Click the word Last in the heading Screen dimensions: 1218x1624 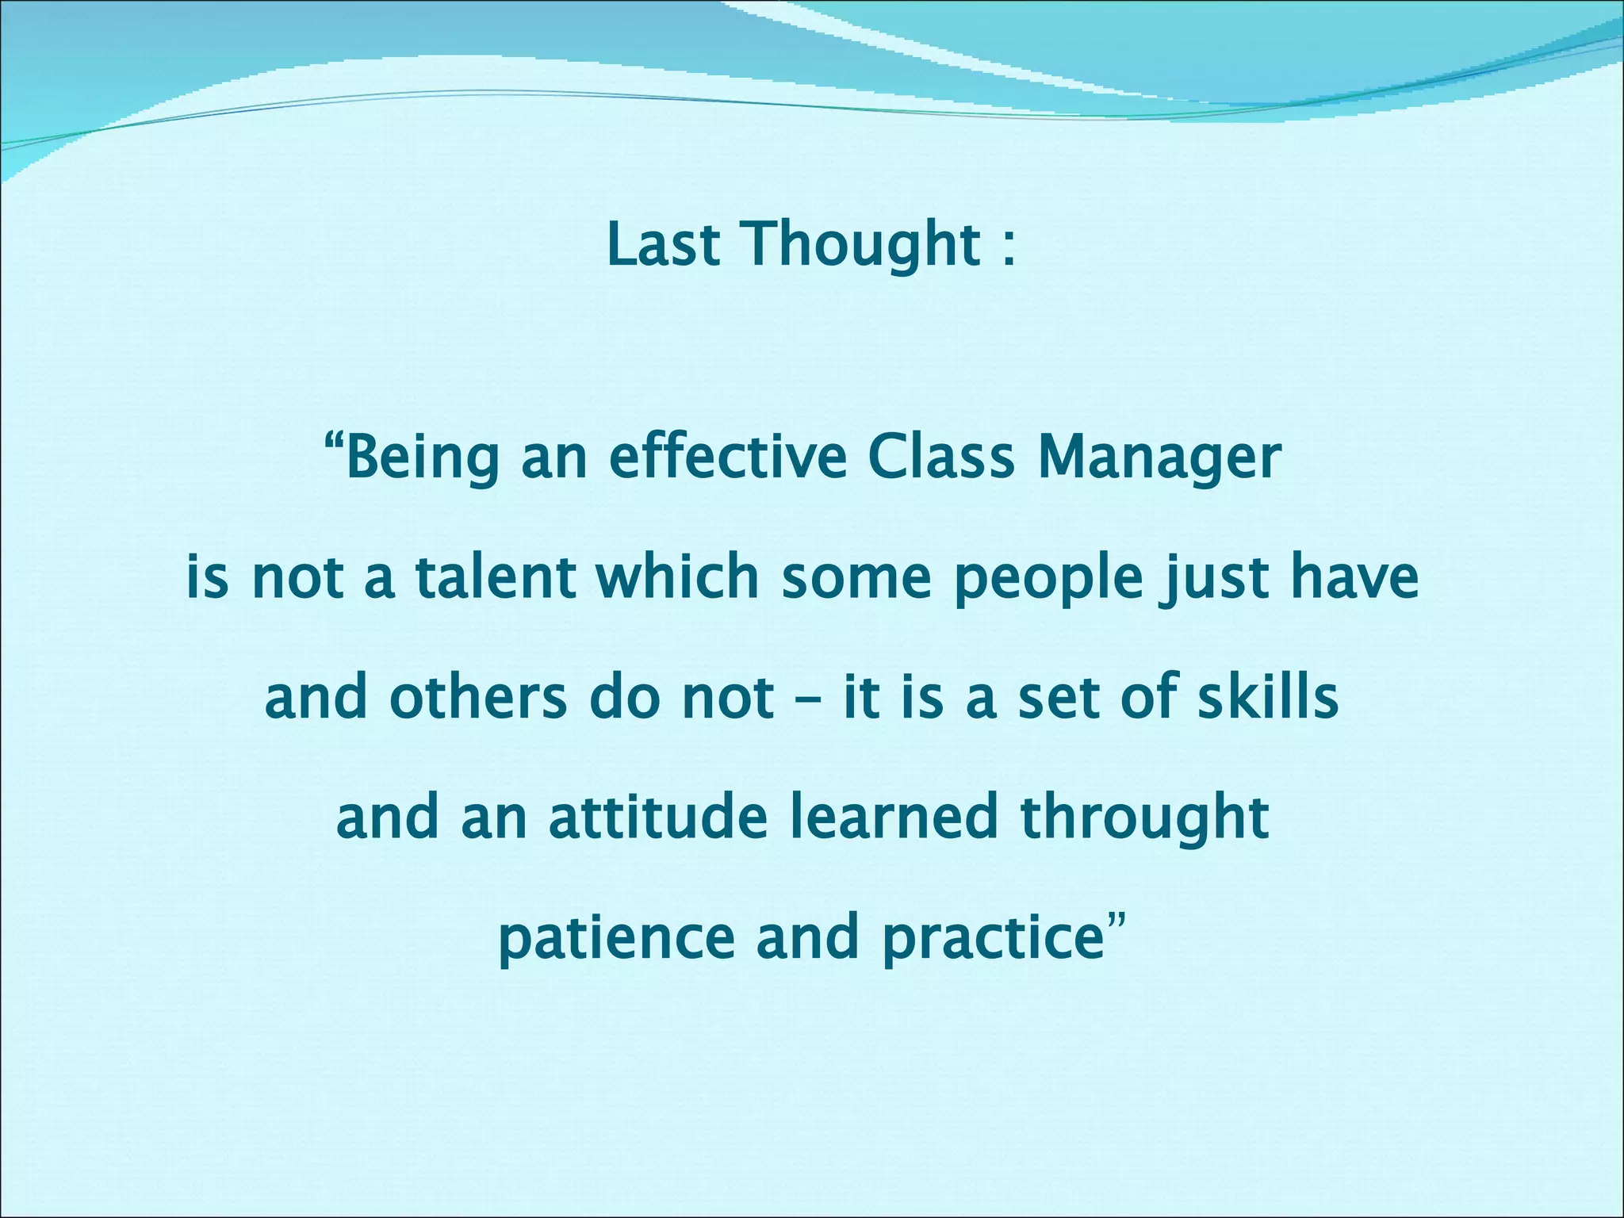click(x=664, y=244)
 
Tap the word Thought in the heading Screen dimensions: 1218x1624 click(x=861, y=246)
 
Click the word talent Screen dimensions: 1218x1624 click(x=496, y=577)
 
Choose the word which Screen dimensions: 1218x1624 click(x=678, y=577)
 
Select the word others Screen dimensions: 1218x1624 click(x=477, y=698)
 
